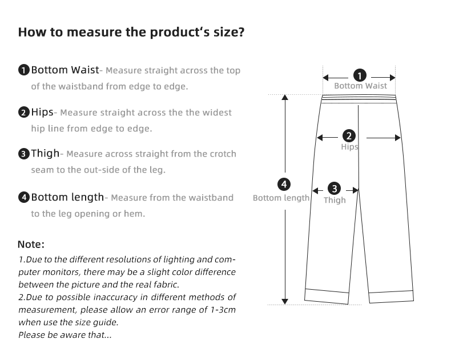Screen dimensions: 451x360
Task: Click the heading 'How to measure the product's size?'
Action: click(x=131, y=32)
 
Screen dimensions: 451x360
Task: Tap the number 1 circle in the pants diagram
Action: click(x=360, y=76)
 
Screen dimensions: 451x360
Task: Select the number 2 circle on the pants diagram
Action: click(x=349, y=136)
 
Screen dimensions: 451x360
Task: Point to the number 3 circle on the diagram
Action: click(x=334, y=189)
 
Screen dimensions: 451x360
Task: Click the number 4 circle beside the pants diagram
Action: click(x=284, y=185)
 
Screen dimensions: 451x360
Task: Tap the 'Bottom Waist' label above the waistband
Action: click(x=360, y=86)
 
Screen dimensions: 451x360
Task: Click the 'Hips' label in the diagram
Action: click(x=349, y=147)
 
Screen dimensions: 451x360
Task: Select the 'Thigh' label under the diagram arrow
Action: click(x=335, y=200)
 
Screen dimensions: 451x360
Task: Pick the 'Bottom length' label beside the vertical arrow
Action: click(x=281, y=198)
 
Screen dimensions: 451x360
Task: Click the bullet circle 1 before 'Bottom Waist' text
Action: click(x=24, y=70)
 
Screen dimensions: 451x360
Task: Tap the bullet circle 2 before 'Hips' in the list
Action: click(x=24, y=113)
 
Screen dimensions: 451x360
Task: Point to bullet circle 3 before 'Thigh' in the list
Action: click(x=24, y=154)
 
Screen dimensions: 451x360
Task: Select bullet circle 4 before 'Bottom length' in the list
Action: click(x=24, y=197)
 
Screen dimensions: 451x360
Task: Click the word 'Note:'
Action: click(x=31, y=245)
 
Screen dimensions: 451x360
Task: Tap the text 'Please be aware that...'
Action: click(x=65, y=335)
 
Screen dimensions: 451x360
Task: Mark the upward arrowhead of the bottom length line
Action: click(x=285, y=97)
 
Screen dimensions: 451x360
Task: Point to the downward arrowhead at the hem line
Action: click(x=285, y=302)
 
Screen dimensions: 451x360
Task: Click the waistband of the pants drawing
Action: click(x=359, y=99)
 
